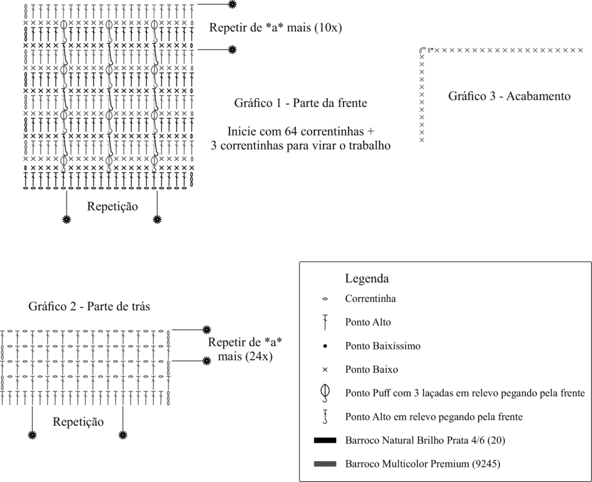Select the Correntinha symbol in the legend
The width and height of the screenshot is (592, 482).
325,299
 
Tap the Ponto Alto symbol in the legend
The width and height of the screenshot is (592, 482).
325,322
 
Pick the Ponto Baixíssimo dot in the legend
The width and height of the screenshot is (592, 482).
325,346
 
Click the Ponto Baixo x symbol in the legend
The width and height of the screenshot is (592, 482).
325,370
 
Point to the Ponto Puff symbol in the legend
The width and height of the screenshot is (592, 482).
325,393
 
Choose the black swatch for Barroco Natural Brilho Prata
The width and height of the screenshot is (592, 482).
325,440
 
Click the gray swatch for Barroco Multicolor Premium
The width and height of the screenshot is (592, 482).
325,464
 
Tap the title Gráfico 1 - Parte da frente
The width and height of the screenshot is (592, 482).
301,103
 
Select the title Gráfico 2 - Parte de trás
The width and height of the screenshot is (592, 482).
89,306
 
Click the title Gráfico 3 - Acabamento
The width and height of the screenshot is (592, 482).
509,96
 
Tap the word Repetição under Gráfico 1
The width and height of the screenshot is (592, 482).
113,206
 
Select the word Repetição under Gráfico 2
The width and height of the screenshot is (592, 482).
78,422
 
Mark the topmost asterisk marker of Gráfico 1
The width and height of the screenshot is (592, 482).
232,4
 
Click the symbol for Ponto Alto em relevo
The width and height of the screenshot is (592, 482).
325,417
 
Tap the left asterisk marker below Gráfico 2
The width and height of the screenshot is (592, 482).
32,435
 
